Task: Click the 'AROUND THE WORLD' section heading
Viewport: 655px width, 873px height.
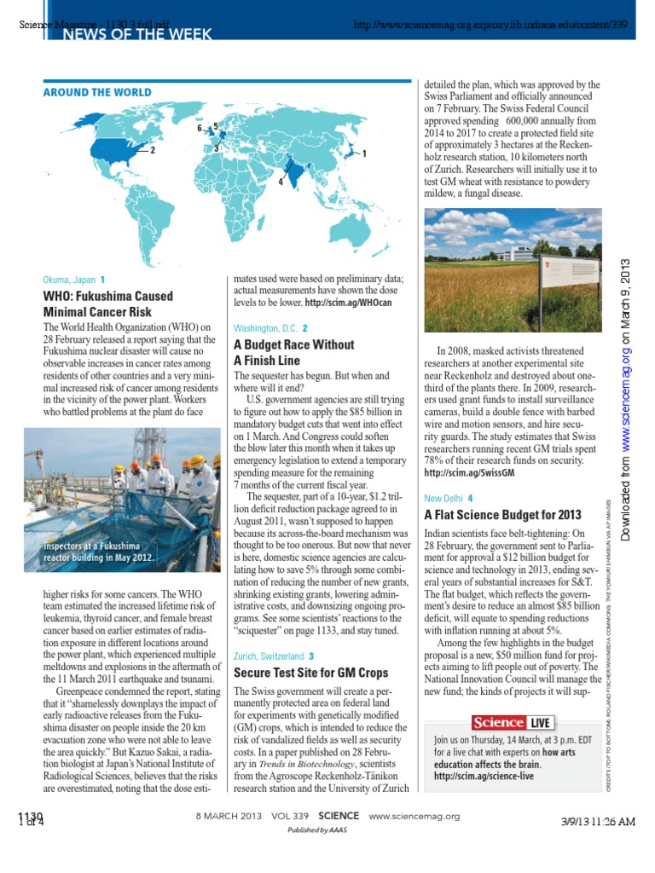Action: tap(97, 92)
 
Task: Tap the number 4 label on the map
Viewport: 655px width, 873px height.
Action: tap(281, 182)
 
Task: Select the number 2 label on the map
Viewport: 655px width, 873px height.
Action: tap(153, 150)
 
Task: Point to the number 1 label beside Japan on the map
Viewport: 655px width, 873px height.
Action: tap(364, 153)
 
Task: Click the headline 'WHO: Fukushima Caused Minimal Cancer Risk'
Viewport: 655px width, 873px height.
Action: tap(107, 304)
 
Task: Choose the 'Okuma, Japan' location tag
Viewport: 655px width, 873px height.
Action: tap(68, 280)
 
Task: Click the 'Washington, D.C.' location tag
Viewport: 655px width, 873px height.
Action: tap(265, 328)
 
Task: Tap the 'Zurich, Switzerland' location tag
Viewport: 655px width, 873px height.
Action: tap(269, 656)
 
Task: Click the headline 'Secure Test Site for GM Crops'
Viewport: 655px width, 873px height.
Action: tap(310, 674)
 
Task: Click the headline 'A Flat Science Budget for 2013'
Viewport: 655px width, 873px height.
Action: tap(502, 515)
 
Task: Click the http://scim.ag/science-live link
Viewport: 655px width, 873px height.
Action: tap(484, 777)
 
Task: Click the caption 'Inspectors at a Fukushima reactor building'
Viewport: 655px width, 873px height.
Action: tap(100, 551)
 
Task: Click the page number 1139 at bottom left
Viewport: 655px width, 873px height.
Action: tap(30, 817)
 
